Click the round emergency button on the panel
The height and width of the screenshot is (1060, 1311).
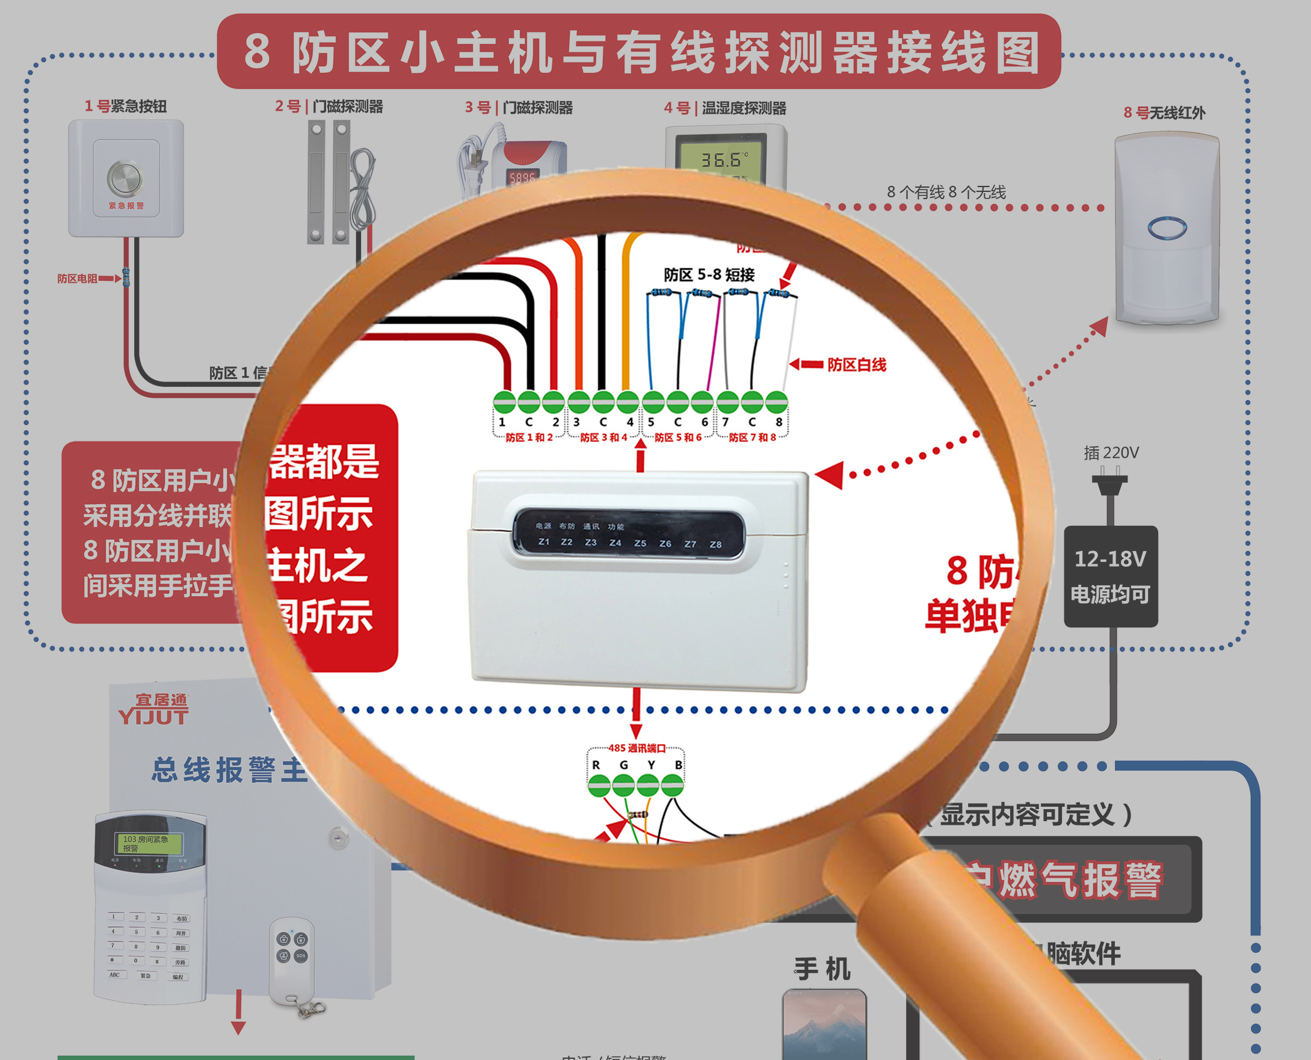[x=125, y=177]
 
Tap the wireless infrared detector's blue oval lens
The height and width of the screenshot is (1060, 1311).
[x=1167, y=229]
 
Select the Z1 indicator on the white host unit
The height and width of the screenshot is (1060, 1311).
[x=543, y=541]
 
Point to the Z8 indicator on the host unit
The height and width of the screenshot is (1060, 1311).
[x=715, y=544]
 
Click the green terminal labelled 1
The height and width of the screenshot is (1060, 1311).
[x=504, y=402]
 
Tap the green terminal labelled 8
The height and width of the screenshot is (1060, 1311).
[x=777, y=402]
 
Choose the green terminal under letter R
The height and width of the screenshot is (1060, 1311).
[x=599, y=785]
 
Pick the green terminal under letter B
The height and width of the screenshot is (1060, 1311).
[x=672, y=785]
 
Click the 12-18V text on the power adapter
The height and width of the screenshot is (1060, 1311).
[x=1110, y=559]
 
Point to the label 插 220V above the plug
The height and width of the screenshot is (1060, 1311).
[x=1111, y=452]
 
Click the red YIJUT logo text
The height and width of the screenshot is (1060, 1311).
[x=153, y=716]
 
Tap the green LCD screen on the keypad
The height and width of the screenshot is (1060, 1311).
[x=149, y=843]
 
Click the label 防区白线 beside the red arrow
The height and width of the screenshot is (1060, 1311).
[x=856, y=365]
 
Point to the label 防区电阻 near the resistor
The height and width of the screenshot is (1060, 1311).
[x=77, y=279]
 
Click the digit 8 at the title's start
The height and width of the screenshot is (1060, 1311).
[x=257, y=52]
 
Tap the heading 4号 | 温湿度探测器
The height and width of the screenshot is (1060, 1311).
[x=725, y=108]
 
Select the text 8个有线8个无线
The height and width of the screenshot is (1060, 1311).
[x=946, y=193]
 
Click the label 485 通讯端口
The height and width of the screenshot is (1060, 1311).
[x=637, y=748]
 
